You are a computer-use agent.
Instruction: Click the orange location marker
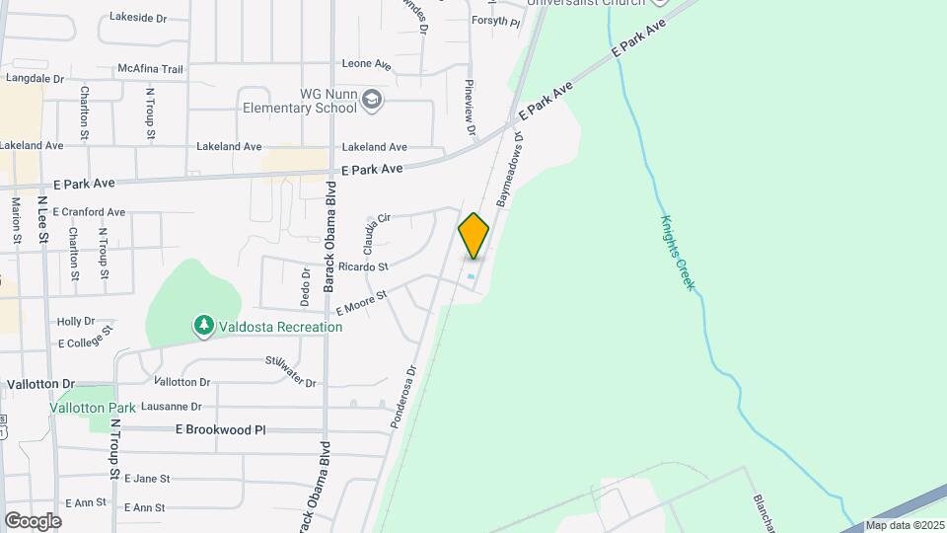click(x=473, y=236)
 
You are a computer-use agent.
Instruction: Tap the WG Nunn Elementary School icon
click(x=372, y=100)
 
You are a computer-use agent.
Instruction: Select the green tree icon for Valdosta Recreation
click(x=203, y=325)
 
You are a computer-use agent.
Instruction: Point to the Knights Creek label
click(x=678, y=252)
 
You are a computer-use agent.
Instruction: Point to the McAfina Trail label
click(x=151, y=69)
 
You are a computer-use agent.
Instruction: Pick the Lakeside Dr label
click(x=140, y=17)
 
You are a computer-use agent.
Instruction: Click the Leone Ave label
click(x=367, y=64)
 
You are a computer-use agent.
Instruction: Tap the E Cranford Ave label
click(x=89, y=212)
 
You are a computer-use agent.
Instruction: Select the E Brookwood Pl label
click(x=221, y=430)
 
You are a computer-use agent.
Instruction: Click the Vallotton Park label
click(x=93, y=408)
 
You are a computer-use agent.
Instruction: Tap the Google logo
click(x=33, y=520)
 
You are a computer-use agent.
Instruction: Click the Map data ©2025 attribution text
click(x=905, y=526)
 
